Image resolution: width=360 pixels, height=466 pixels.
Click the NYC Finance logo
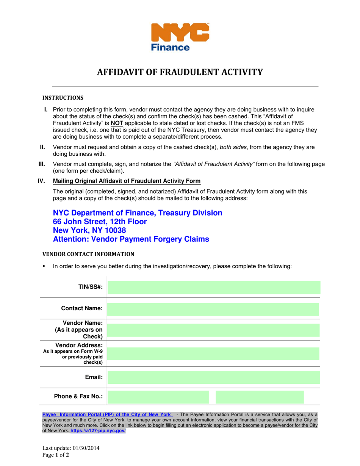[180, 37]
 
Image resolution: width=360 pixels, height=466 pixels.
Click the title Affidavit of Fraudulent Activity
[180, 72]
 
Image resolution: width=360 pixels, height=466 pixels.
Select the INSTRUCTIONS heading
[63, 98]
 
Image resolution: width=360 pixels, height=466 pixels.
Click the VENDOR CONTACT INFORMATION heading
[88, 254]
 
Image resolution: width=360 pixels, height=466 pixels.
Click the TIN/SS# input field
[214, 288]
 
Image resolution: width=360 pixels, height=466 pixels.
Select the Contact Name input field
[213, 309]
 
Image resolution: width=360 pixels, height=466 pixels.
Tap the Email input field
[214, 377]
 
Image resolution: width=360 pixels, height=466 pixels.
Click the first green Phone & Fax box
[158, 397]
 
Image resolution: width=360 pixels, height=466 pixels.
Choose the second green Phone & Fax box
[260, 397]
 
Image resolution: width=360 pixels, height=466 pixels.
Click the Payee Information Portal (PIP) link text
[106, 414]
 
